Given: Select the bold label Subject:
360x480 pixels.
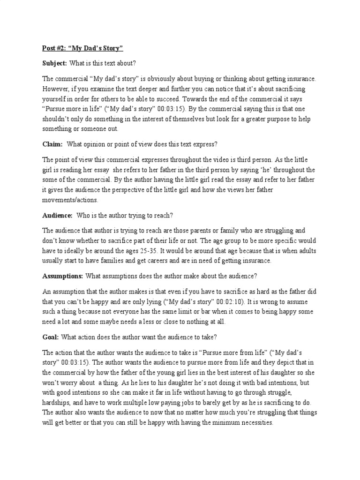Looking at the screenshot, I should [x=55, y=63].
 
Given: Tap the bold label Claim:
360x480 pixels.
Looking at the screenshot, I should [x=52, y=145].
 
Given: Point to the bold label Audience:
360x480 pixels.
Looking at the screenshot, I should [x=57, y=215].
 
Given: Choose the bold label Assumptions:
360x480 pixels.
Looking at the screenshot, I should [x=63, y=275].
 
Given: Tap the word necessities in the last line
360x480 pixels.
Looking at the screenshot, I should [x=253, y=422].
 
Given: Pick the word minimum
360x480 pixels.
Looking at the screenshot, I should [x=217, y=422].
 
